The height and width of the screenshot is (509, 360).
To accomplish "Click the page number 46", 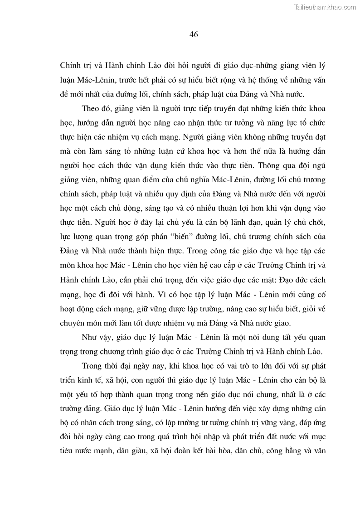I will [193, 35].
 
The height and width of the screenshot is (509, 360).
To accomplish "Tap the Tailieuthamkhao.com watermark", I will [325, 7].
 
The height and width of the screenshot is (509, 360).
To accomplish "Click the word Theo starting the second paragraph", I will [91, 109].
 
